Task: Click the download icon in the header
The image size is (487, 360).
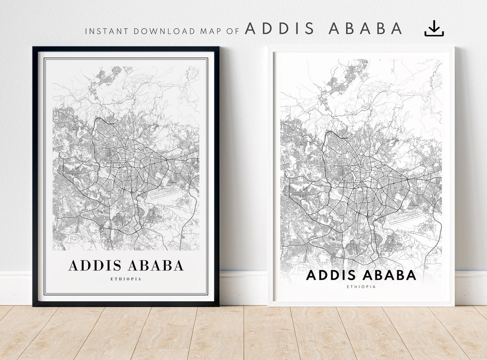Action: [434, 28]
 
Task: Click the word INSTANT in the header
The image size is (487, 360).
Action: [101, 32]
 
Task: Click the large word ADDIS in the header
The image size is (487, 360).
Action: [279, 28]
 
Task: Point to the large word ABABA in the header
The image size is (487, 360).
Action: [365, 28]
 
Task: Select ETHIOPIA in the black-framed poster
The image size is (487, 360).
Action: [126, 279]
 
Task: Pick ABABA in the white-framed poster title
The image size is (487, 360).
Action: [391, 275]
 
